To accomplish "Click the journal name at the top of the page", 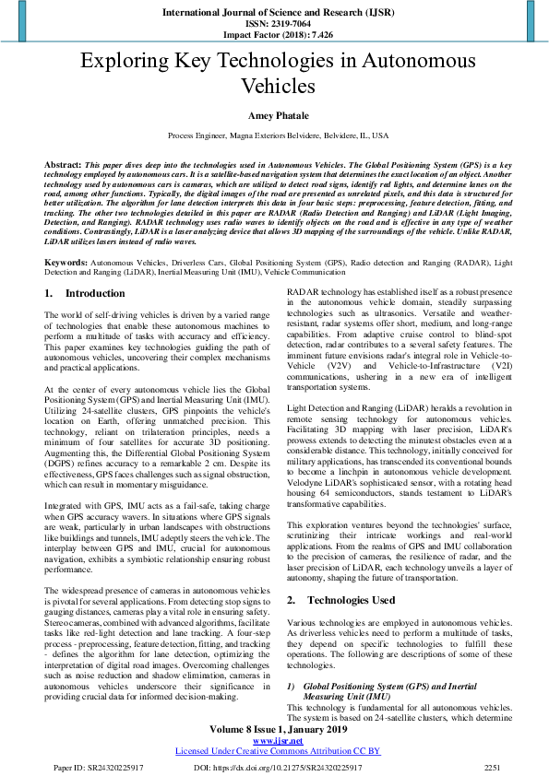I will coord(274,12).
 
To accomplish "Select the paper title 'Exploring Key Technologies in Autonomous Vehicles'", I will coord(274,74).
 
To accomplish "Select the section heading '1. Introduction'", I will coord(84,294).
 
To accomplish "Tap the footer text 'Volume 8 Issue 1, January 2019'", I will coord(274,728).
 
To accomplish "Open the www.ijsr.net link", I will coord(274,740).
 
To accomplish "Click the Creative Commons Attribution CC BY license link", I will coord(274,751).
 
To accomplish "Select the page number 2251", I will coord(493,767).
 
